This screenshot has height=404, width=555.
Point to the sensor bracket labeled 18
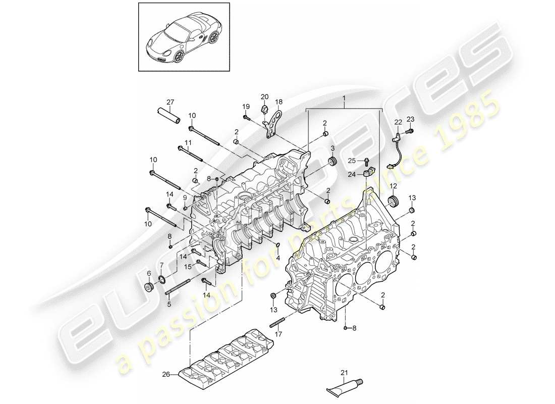click(x=273, y=122)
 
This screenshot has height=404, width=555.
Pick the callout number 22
click(x=398, y=122)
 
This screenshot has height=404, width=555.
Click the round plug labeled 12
click(x=393, y=201)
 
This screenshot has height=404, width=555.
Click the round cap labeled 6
click(x=149, y=288)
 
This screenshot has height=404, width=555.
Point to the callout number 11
click(x=188, y=143)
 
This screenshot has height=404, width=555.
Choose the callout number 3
click(x=332, y=147)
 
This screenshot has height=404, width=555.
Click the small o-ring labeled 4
click(x=277, y=246)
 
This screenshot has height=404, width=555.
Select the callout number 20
click(x=265, y=96)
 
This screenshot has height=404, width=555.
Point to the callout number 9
click(x=184, y=197)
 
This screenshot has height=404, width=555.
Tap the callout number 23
click(x=410, y=120)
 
